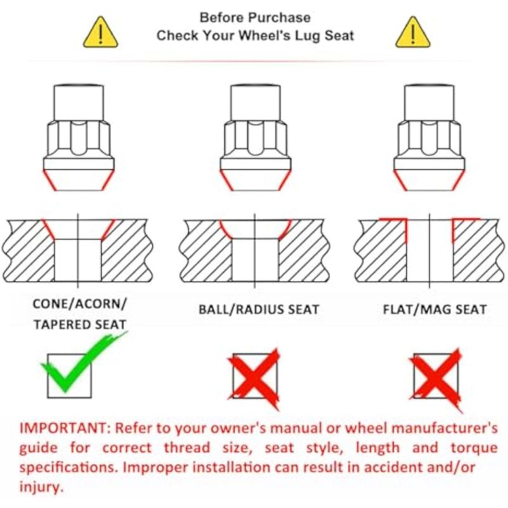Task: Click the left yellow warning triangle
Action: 101,33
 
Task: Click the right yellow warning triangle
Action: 413,33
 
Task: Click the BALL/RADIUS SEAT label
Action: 258,309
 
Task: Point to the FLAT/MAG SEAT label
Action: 435,309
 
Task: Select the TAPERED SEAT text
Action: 80,324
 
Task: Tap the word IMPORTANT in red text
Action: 63,428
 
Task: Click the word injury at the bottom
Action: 41,487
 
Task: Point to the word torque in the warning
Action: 474,448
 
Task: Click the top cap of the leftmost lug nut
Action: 79,103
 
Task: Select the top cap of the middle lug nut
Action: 255,103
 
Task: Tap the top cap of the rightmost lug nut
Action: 429,103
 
